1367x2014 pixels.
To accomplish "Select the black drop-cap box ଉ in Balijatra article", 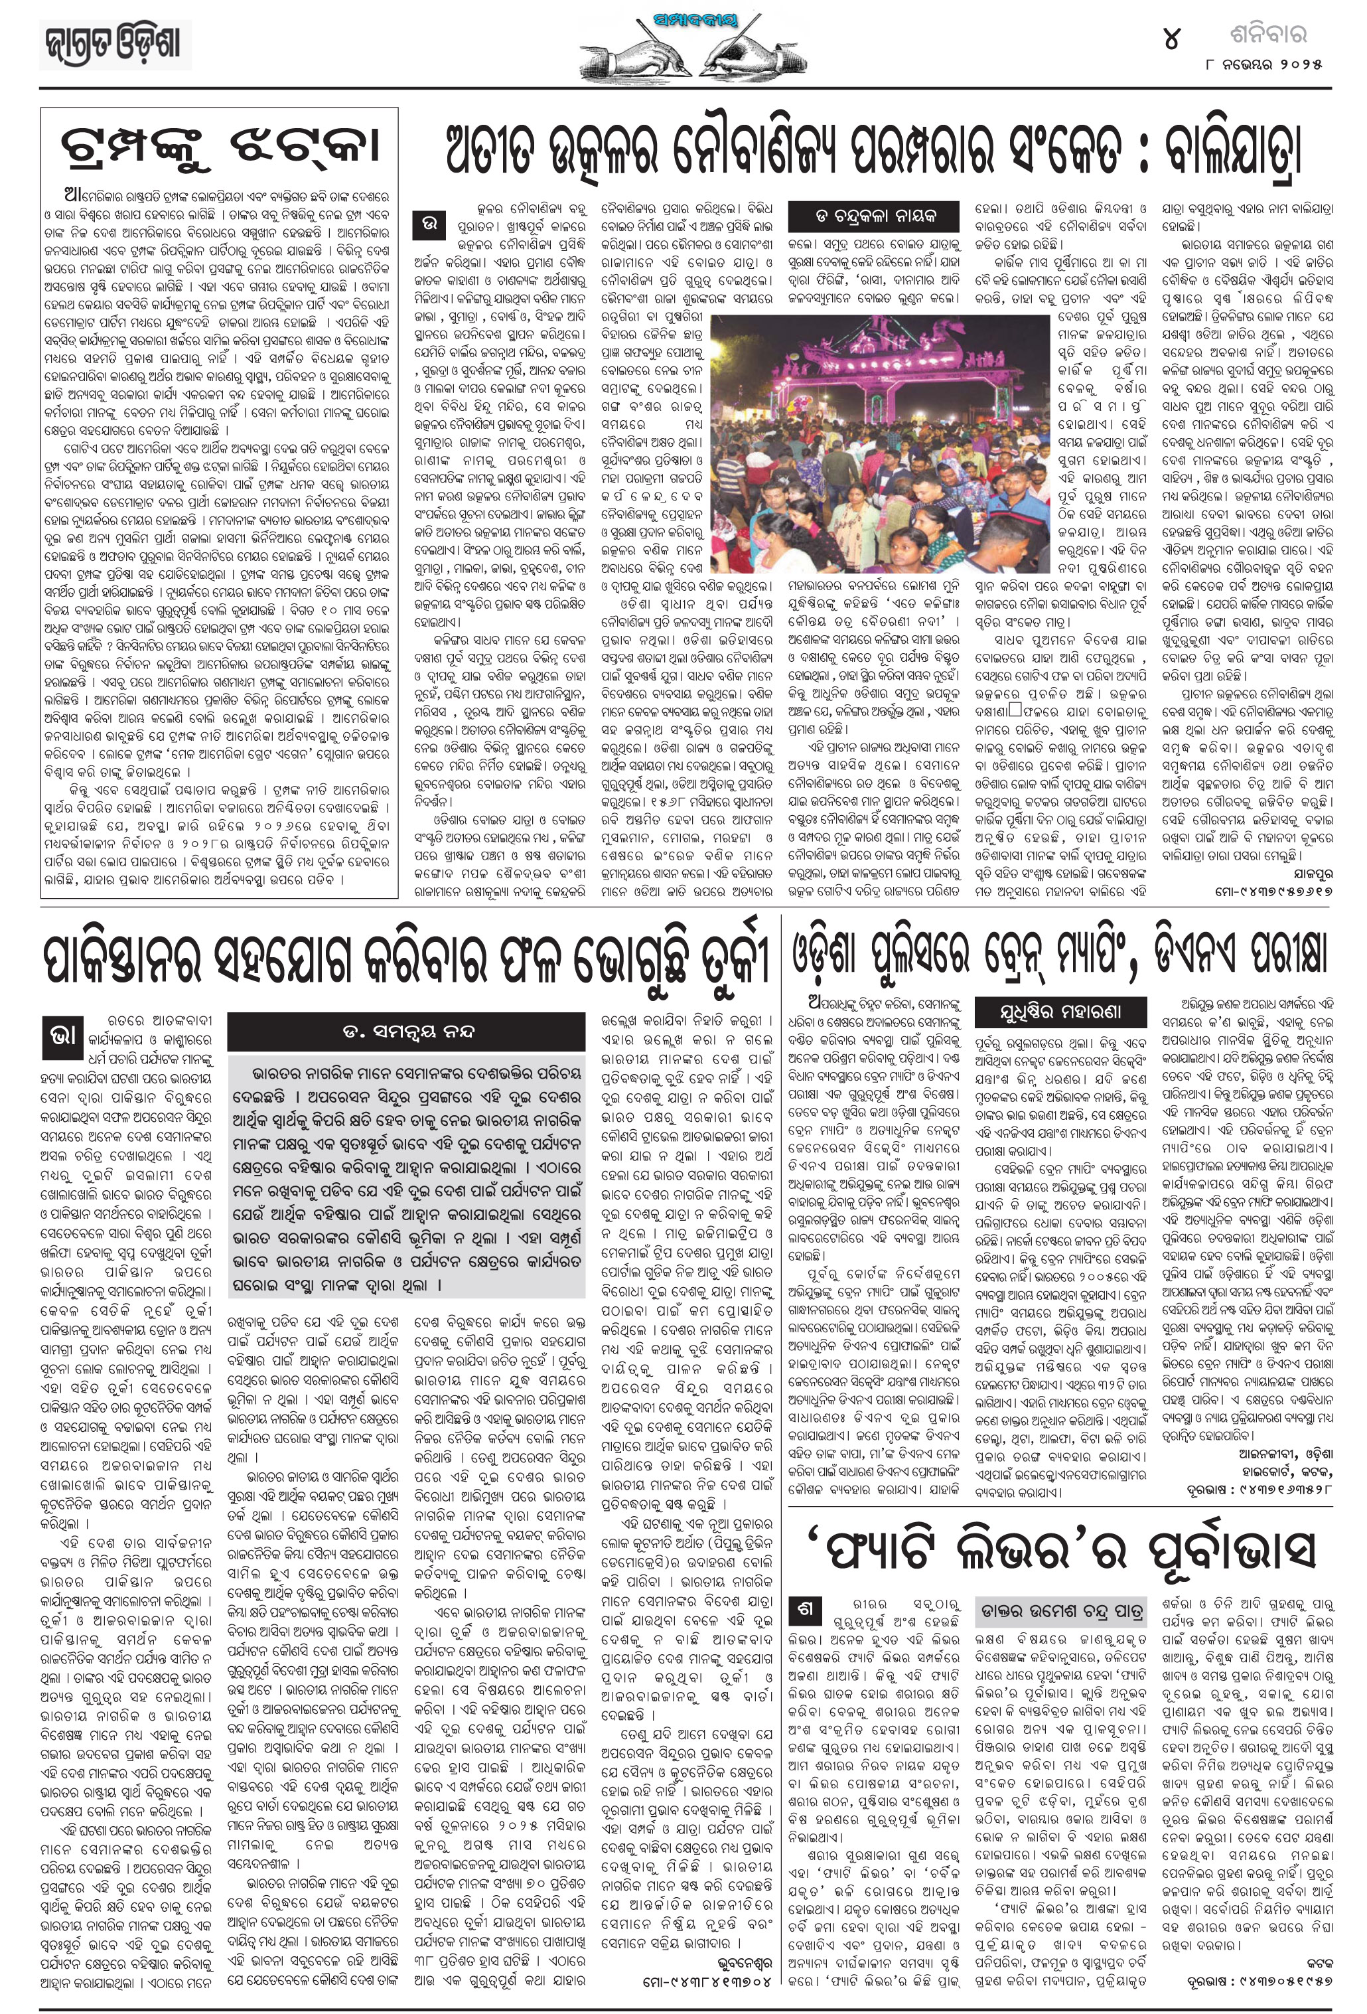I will (429, 224).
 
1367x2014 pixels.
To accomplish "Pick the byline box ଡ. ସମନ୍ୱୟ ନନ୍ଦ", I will (405, 1032).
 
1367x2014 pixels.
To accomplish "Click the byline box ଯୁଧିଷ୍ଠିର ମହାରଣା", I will (1061, 1012).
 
